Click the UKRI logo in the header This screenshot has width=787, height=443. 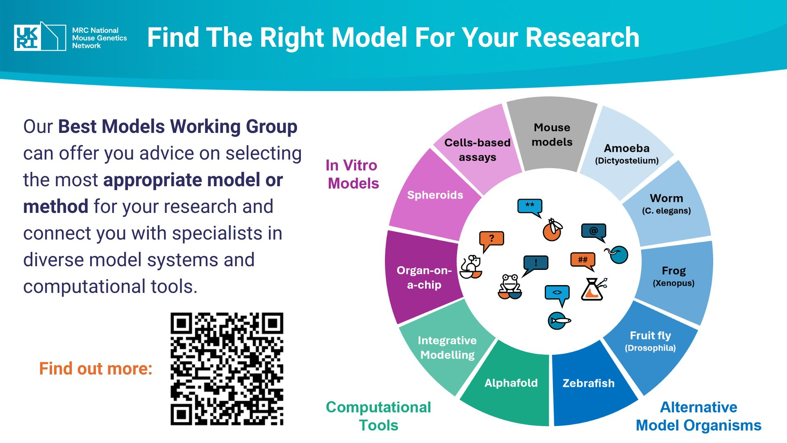(x=40, y=37)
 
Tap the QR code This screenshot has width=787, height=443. (x=227, y=369)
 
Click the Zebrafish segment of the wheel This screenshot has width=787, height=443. (x=589, y=384)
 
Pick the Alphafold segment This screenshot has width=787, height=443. (x=511, y=383)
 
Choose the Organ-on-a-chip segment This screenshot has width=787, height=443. (x=424, y=278)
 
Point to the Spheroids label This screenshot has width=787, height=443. (x=435, y=195)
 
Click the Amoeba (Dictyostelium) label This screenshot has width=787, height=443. (x=627, y=154)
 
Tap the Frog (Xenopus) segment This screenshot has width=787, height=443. (x=674, y=276)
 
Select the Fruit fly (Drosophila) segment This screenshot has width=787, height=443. (x=650, y=341)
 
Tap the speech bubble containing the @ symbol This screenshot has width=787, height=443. (x=594, y=232)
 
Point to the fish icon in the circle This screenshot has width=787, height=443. (x=559, y=320)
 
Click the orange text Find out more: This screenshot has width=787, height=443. (x=96, y=368)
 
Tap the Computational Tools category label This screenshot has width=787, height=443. (x=378, y=416)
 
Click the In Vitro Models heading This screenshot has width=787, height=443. (x=353, y=174)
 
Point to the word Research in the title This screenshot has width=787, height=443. (x=582, y=38)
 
